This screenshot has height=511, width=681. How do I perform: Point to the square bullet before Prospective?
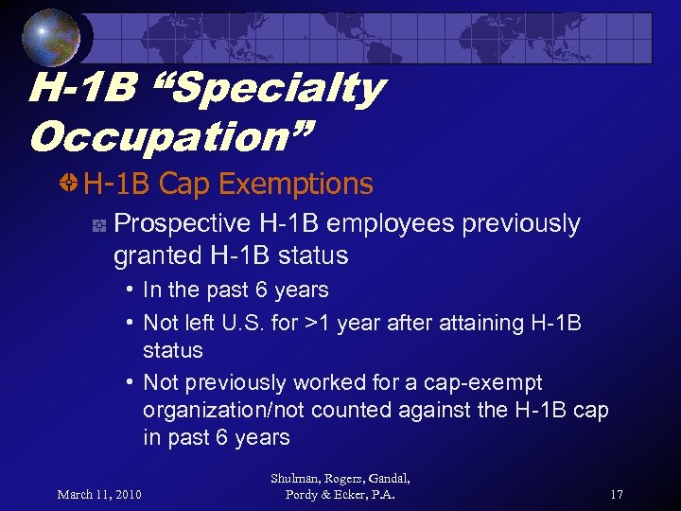pos(97,225)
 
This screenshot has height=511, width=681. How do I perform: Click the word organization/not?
pos(233,411)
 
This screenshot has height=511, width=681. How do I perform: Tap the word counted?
pos(367,411)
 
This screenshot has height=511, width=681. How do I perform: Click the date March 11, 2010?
pos(99,493)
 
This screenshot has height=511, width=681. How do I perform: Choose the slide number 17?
pos(617,493)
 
